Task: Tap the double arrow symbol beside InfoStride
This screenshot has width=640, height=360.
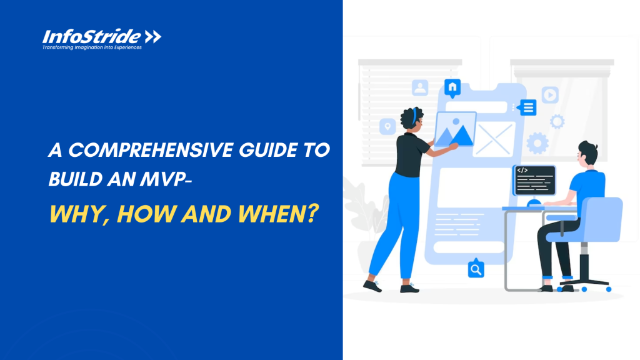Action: point(153,36)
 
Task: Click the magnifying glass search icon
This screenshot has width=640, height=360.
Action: point(476,269)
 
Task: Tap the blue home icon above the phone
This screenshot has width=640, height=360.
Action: point(452,86)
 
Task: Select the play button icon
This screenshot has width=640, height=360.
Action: point(550,95)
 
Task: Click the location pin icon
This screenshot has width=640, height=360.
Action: point(388,127)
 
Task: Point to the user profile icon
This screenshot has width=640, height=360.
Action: point(420,88)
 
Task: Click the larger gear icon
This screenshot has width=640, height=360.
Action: point(537,143)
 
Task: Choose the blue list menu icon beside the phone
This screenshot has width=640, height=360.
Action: point(528,107)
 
